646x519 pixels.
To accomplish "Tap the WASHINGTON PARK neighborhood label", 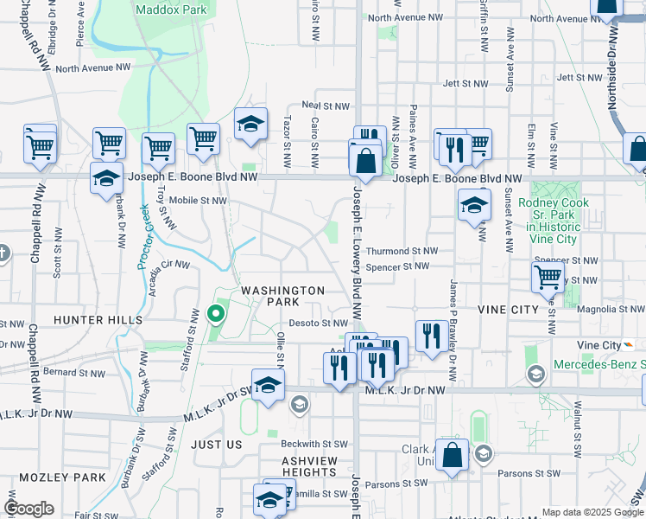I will (x=282, y=296).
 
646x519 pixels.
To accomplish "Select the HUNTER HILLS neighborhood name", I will (x=98, y=320).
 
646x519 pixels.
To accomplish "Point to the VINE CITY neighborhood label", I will (x=507, y=310).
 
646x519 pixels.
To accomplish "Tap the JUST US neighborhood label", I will (x=216, y=445).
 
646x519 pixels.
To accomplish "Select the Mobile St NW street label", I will (x=197, y=200).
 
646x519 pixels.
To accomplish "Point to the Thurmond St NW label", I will (x=396, y=251).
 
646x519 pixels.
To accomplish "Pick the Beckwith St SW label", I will (x=313, y=444).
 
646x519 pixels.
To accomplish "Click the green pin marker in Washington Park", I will (x=216, y=312).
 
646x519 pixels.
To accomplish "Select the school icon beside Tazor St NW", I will (x=250, y=124).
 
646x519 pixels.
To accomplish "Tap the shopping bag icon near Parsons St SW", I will (x=452, y=455).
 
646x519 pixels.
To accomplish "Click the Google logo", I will (x=29, y=509).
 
